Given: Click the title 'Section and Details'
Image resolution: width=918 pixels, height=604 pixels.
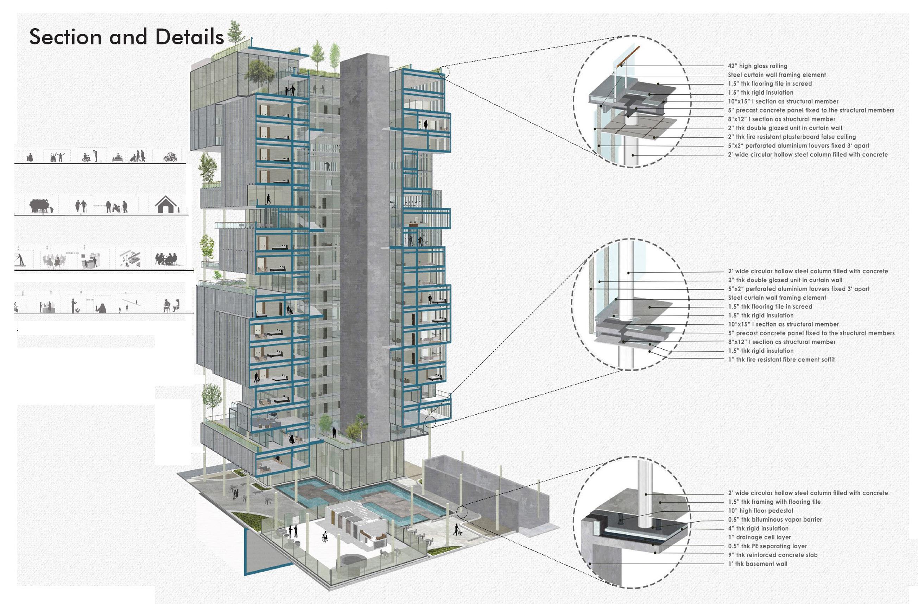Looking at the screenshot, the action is [127, 37].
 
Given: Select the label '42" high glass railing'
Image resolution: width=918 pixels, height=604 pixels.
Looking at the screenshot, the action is [758, 66].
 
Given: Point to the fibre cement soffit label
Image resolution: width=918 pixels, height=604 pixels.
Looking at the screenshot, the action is [781, 360].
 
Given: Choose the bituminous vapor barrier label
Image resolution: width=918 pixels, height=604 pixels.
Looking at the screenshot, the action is [775, 519].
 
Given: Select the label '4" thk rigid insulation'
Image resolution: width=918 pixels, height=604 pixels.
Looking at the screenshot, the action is [758, 528].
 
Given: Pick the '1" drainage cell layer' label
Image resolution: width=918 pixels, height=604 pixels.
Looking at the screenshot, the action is [759, 537].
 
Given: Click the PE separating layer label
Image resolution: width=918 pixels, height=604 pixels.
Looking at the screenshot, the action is [767, 546].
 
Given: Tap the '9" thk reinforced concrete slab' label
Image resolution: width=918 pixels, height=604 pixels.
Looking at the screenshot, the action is [773, 555].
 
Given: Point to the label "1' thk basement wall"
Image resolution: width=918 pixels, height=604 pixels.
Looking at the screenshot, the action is [758, 564].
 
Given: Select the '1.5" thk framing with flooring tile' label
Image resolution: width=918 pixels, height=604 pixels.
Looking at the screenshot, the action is [774, 502].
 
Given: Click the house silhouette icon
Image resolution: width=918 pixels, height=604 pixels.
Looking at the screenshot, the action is [166, 205].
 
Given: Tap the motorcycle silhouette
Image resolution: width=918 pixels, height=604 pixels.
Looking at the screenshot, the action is [170, 157].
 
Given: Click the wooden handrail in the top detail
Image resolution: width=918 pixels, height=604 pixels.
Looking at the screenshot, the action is [629, 56].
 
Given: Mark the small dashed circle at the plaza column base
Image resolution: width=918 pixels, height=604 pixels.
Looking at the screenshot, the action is [462, 513].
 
